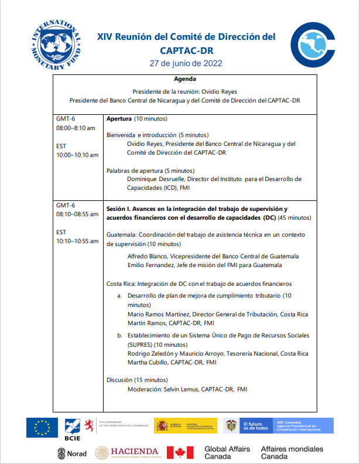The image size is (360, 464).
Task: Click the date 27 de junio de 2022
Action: [x=186, y=63]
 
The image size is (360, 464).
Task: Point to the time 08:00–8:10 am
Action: [x=76, y=128]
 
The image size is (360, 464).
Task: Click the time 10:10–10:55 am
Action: [x=77, y=241]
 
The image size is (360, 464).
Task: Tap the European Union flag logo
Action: [x=42, y=427]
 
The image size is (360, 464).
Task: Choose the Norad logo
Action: [x=72, y=453]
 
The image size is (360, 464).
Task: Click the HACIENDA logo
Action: [x=127, y=452]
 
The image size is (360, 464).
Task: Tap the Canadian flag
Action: [x=180, y=452]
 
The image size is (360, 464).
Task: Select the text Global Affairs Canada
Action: [x=227, y=452]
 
